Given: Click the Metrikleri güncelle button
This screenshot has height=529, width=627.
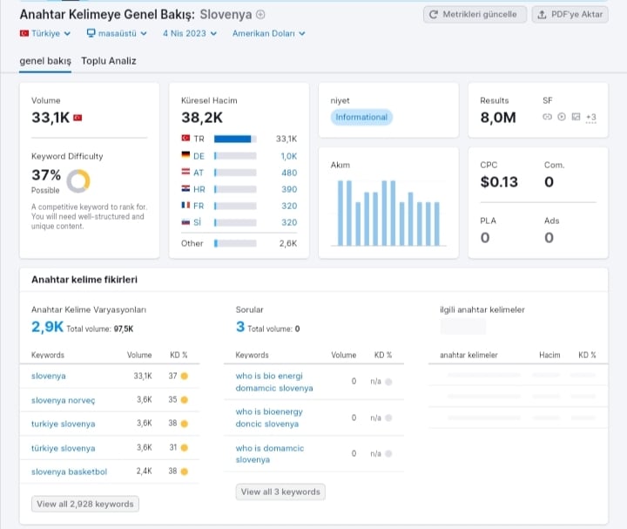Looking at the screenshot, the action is pyautogui.click(x=475, y=15).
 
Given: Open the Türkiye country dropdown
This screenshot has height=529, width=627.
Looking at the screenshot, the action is pyautogui.click(x=45, y=34).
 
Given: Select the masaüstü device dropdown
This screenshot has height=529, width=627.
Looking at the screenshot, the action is pyautogui.click(x=117, y=34).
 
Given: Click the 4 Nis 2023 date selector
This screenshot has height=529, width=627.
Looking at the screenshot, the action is pyautogui.click(x=190, y=34).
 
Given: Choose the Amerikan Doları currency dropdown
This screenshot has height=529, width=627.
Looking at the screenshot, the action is pyautogui.click(x=269, y=34).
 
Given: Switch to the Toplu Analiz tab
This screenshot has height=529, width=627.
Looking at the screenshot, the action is pyautogui.click(x=109, y=61).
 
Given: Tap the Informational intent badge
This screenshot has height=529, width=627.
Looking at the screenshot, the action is pyautogui.click(x=361, y=118).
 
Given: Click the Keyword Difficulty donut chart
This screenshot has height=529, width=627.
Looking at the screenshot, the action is pyautogui.click(x=78, y=181).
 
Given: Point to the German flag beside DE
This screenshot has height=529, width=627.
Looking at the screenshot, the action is pyautogui.click(x=185, y=155).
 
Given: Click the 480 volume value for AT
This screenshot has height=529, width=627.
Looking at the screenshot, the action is pyautogui.click(x=289, y=173).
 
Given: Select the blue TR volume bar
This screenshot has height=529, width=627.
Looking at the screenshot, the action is pyautogui.click(x=233, y=139).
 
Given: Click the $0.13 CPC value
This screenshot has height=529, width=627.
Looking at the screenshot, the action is pyautogui.click(x=499, y=182).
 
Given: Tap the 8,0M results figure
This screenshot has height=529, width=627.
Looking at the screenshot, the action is pyautogui.click(x=498, y=118).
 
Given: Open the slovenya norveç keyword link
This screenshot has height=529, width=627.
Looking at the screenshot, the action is pyautogui.click(x=64, y=400).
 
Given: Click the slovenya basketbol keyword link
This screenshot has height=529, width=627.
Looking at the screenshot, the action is pyautogui.click(x=69, y=471).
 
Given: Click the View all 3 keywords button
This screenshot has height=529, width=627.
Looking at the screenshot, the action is pyautogui.click(x=280, y=492).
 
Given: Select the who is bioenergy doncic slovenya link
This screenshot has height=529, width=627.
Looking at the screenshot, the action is pyautogui.click(x=269, y=417).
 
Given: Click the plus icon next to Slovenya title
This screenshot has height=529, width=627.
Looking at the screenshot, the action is pyautogui.click(x=260, y=15).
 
